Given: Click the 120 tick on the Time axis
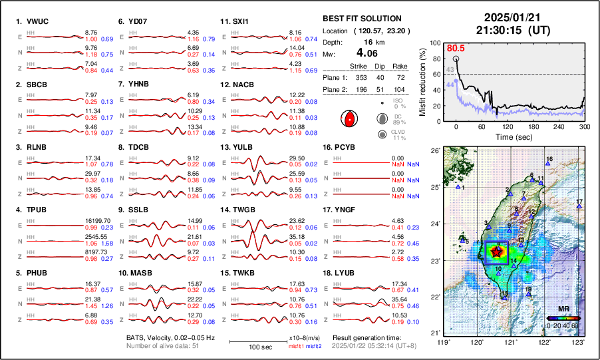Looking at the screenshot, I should (x=507, y=126).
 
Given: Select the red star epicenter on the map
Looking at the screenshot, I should (x=497, y=252).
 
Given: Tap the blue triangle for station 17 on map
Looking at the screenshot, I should (x=579, y=207).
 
